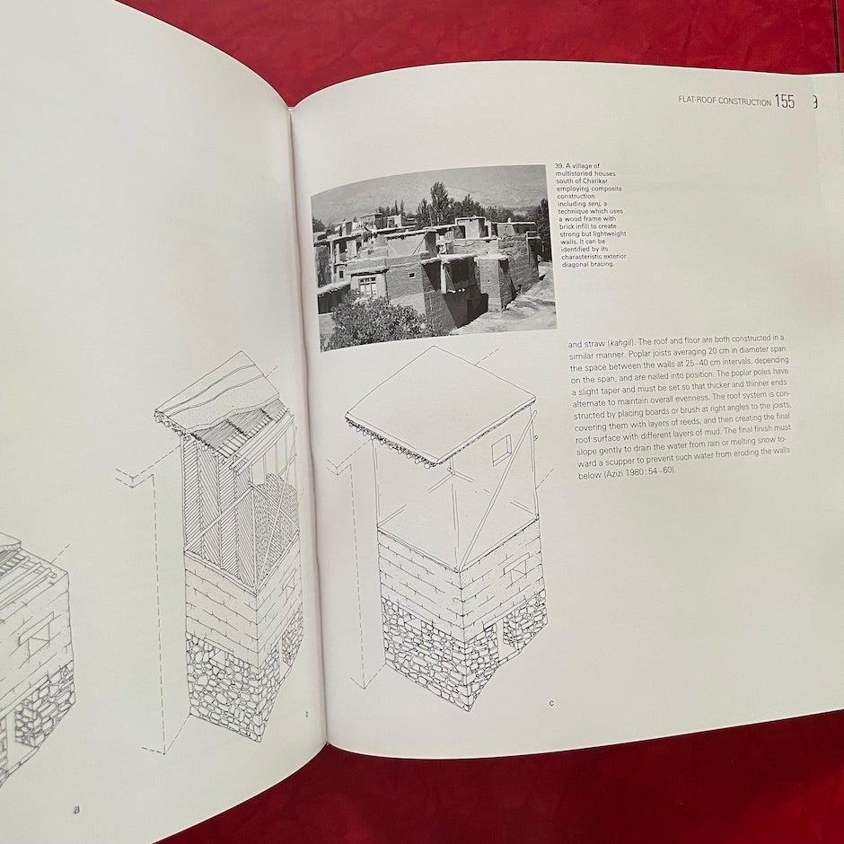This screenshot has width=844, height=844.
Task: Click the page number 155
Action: click(785, 101)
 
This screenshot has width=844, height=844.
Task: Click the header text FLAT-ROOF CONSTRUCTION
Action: click(725, 101)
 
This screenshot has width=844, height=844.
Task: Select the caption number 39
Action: click(559, 166)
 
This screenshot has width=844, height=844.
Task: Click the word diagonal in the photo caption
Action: click(574, 265)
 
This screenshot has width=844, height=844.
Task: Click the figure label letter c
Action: click(551, 703)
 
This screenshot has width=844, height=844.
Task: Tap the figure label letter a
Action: click(76, 809)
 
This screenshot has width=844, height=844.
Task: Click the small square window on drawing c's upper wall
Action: click(502, 450)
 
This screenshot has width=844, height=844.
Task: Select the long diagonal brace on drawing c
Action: click(497, 490)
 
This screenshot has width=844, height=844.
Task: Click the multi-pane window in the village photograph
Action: click(369, 286)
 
